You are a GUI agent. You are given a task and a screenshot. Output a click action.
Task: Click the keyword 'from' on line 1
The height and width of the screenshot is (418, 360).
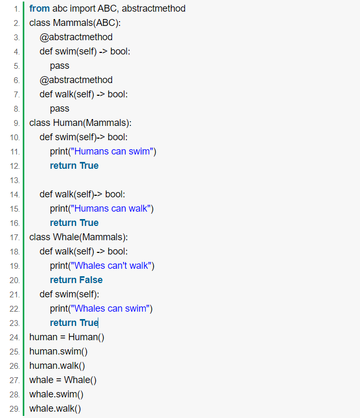pyautogui.click(x=40, y=8)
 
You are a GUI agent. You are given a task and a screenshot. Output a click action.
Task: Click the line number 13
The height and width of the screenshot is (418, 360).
pyautogui.click(x=15, y=180)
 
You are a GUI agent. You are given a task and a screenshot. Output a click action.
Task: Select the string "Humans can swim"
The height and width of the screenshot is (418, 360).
pyautogui.click(x=112, y=151)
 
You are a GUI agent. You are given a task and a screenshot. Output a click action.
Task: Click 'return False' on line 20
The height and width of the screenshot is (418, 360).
pyautogui.click(x=76, y=280)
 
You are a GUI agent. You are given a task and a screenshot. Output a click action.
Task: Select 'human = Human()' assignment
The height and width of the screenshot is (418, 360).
pyautogui.click(x=67, y=337)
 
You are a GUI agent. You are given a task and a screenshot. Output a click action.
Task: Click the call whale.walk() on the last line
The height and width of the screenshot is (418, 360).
pyautogui.click(x=55, y=408)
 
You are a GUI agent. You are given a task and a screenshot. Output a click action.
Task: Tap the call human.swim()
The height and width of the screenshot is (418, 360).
pyautogui.click(x=58, y=352)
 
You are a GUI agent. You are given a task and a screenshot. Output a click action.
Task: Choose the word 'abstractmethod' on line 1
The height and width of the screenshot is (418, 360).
pyautogui.click(x=154, y=8)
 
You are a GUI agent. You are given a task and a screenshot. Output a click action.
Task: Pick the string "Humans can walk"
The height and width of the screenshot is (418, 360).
pyautogui.click(x=111, y=208)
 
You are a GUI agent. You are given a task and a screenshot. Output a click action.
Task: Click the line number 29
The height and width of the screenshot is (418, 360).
pyautogui.click(x=15, y=409)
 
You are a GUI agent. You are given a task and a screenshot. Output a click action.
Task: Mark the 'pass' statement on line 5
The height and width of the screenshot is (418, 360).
pyautogui.click(x=60, y=66)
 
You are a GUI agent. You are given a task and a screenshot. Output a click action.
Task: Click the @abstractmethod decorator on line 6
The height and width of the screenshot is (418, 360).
pyautogui.click(x=76, y=80)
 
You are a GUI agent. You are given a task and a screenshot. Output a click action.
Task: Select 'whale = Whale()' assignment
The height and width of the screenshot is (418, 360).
pyautogui.click(x=63, y=380)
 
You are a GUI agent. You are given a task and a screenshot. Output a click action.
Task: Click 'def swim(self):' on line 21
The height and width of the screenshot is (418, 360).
pyautogui.click(x=69, y=294)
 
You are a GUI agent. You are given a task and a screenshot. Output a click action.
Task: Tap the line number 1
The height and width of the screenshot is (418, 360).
pyautogui.click(x=16, y=9)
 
